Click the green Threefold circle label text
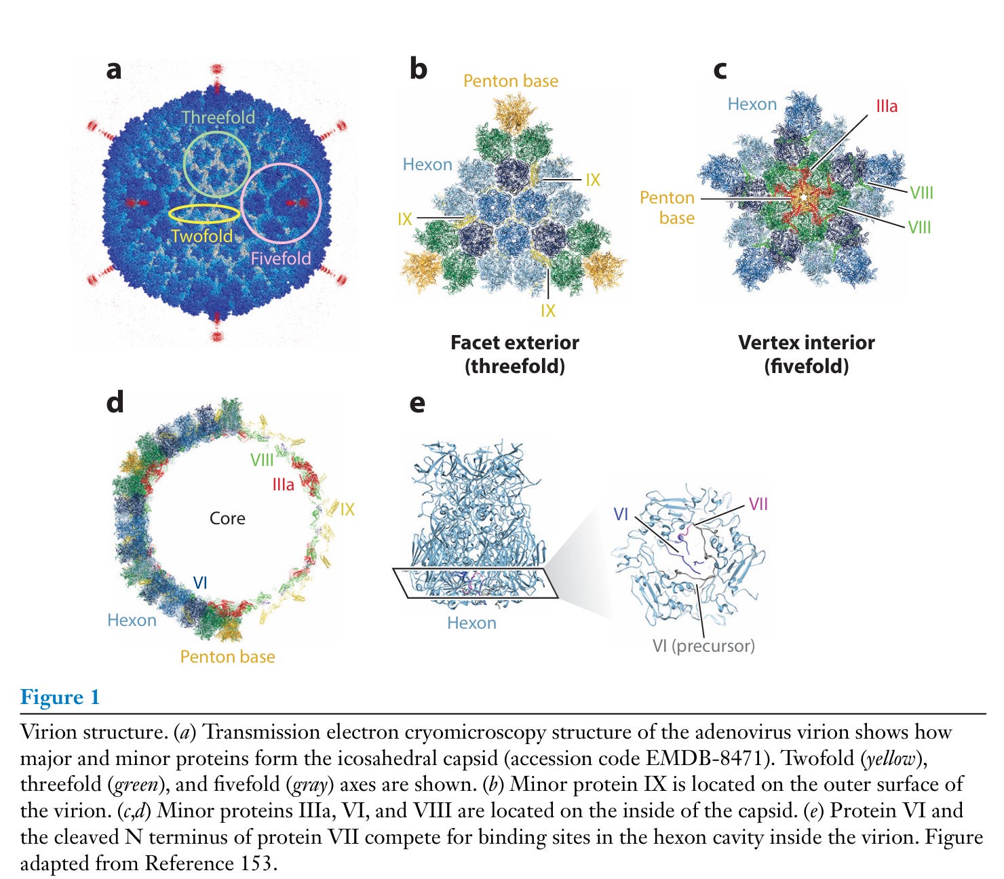pos(218,117)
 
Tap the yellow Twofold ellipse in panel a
pos(204,214)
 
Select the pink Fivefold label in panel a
pos(280,258)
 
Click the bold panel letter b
pos(418,69)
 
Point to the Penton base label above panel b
pos(511,81)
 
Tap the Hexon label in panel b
pos(427,165)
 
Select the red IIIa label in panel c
pos(886,106)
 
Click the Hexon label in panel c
pos(752,104)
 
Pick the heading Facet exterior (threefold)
pos(515,354)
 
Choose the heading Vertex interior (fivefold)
pos(807,354)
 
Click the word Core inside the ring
pos(227,519)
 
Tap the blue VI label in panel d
pos(200,583)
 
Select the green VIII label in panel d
pos(262,461)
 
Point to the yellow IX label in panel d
pos(347,510)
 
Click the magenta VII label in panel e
pos(758,505)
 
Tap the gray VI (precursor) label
pos(703,646)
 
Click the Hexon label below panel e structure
pos(471,623)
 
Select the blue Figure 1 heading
pos(60,697)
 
